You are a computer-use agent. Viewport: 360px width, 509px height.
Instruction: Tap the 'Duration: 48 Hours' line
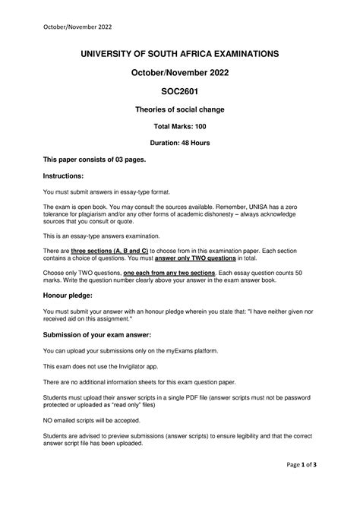click(180, 142)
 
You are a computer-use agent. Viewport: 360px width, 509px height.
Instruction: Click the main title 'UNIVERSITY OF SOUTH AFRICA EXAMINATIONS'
click(180, 53)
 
